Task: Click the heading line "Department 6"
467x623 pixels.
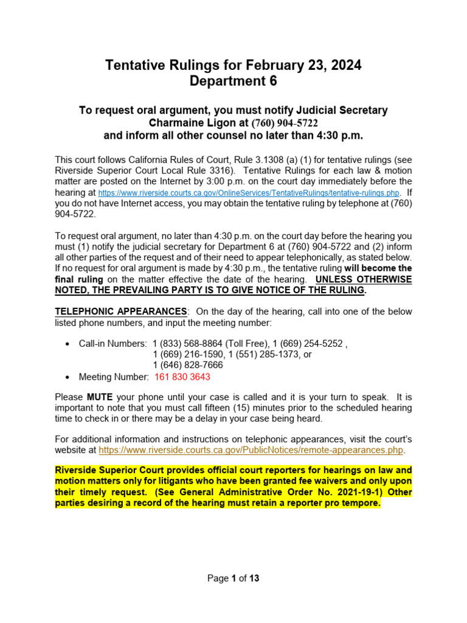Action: tap(233, 82)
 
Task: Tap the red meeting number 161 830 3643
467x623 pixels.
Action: tap(182, 377)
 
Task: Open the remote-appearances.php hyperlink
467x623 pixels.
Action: tap(251, 450)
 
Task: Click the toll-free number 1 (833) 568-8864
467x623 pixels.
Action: tap(183, 343)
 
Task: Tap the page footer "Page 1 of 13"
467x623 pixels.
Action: tap(233, 579)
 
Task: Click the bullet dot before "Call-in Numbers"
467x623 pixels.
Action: tap(67, 344)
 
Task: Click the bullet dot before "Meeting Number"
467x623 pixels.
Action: tap(67, 377)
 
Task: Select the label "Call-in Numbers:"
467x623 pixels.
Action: tap(113, 343)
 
